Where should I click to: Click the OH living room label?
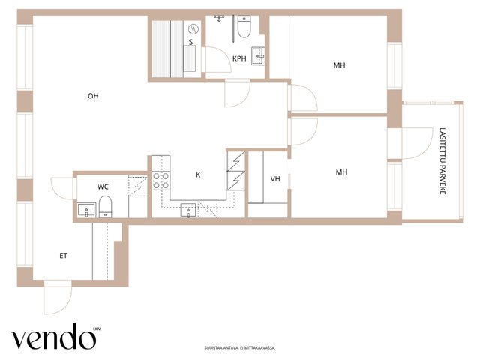pyautogui.click(x=93, y=96)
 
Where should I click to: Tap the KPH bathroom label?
pyautogui.click(x=239, y=58)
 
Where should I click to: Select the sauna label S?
pyautogui.click(x=191, y=42)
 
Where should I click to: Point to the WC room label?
pyautogui.click(x=103, y=187)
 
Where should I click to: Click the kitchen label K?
pyautogui.click(x=198, y=175)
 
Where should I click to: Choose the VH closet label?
pyautogui.click(x=275, y=178)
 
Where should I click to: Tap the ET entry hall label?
pyautogui.click(x=63, y=256)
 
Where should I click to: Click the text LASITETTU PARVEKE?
pyautogui.click(x=442, y=161)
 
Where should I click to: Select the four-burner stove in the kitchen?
pyautogui.click(x=161, y=181)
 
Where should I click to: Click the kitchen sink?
pyautogui.click(x=188, y=210)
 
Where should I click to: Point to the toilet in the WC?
pyautogui.click(x=105, y=207)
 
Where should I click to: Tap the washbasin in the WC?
pyautogui.click(x=86, y=210)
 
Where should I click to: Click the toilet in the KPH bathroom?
pyautogui.click(x=244, y=27)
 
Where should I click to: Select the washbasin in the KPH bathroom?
pyautogui.click(x=258, y=56)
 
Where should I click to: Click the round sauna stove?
pyautogui.click(x=193, y=29)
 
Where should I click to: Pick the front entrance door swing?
pyautogui.click(x=58, y=297)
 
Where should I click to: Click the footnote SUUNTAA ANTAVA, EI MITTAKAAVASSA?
pyautogui.click(x=240, y=348)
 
